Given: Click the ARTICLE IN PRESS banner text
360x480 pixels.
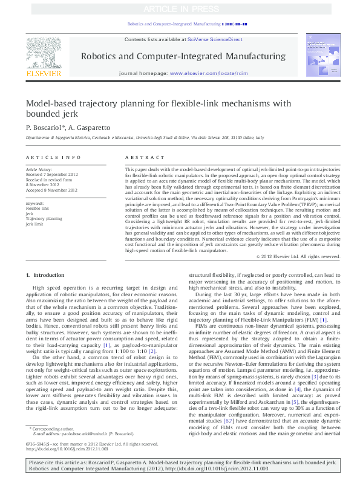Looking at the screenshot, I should pyautogui.click(x=180, y=9).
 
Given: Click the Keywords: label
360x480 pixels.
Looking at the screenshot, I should pyautogui.click(x=35, y=203).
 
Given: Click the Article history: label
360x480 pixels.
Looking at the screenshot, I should pyautogui.click(x=39, y=170).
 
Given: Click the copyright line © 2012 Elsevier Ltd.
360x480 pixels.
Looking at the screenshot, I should pyautogui.click(x=298, y=256).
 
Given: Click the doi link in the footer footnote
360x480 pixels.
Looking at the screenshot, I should pyautogui.click(x=67, y=467).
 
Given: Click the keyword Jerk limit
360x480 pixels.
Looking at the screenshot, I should pyautogui.click(x=35, y=224).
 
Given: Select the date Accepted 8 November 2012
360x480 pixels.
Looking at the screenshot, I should pyautogui.click(x=51, y=190).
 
